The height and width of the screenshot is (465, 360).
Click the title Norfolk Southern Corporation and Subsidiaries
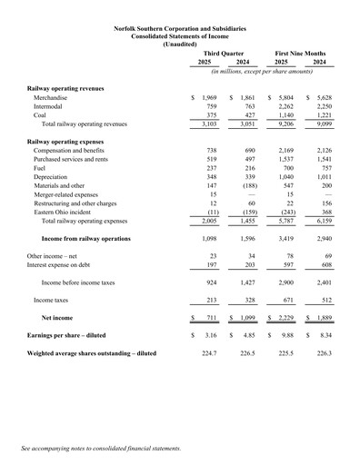point(180,28)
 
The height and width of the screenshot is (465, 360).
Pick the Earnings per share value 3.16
point(208,333)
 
